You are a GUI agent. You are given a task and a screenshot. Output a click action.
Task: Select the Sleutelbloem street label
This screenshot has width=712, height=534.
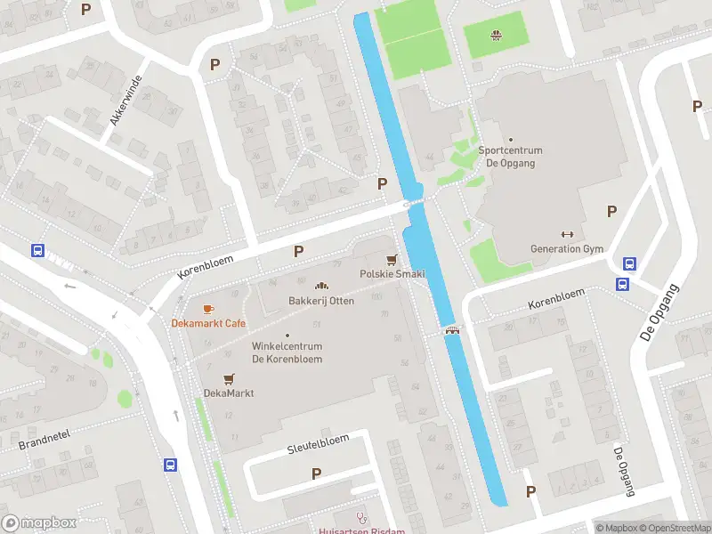pos(318,445)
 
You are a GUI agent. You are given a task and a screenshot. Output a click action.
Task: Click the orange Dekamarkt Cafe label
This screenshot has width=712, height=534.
pos(208,323)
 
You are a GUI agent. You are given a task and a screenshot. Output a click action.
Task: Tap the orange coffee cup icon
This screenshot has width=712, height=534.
pos(208,309)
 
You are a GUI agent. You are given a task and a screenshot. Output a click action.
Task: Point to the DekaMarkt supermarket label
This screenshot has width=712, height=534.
pos(229,392)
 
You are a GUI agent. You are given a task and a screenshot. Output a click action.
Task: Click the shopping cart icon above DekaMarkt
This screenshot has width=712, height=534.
pos(229,378)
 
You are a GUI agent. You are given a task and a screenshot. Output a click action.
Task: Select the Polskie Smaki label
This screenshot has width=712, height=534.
pos(392,273)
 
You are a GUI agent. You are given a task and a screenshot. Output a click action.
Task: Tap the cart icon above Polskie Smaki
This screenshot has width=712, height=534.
pos(391,259)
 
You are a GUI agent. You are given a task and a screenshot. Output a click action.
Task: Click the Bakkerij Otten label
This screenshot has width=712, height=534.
pos(321,301)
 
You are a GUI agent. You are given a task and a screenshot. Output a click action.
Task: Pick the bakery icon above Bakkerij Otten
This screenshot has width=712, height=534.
pos(321,287)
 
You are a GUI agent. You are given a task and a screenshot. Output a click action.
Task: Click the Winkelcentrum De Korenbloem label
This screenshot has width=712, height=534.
pos(287,352)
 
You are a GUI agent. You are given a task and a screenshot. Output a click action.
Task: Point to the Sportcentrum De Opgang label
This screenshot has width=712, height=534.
pos(511,157)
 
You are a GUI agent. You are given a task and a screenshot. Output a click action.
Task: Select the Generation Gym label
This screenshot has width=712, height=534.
pos(567,248)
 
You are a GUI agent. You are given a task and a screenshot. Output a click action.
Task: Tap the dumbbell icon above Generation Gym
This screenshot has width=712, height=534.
pos(567,234)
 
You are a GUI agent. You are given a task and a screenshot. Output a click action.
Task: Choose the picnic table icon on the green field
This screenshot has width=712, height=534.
pos(496,36)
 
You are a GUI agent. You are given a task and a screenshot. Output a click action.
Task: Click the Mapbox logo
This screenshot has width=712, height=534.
pos(39,523)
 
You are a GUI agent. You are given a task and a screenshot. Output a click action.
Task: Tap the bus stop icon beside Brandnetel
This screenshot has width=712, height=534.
pos(169,464)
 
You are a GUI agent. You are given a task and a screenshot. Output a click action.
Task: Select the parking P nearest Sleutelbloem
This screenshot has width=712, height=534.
pos(316,473)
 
